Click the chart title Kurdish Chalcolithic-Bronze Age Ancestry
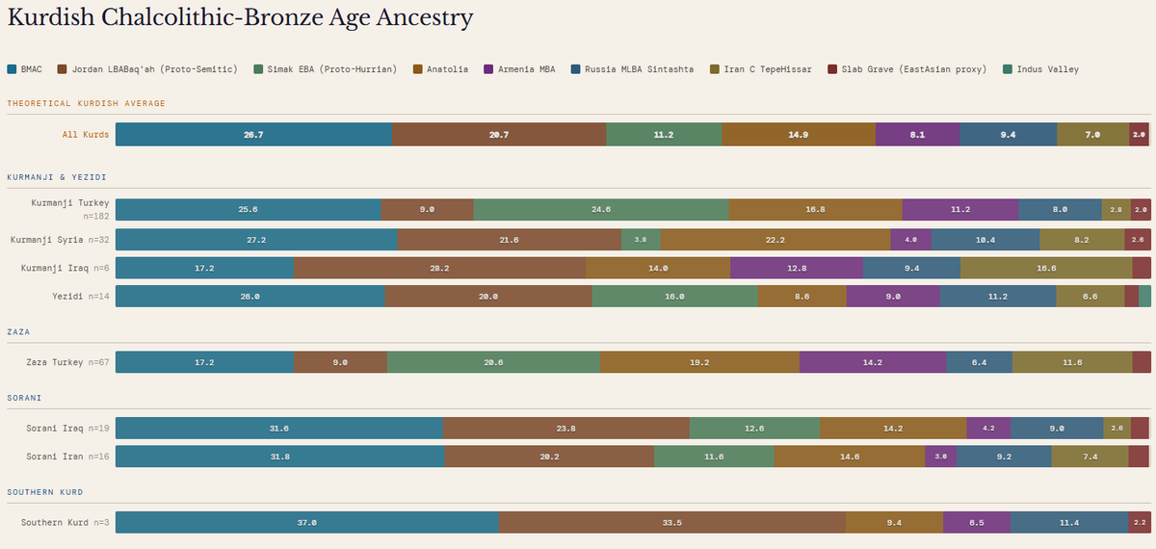[x=240, y=18]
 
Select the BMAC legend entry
[x=25, y=69]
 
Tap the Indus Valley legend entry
[x=1041, y=69]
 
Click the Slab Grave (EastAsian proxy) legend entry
[x=907, y=69]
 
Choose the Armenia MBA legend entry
[x=519, y=69]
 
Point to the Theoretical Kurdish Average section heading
[x=86, y=103]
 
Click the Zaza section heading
[x=18, y=331]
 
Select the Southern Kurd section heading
[x=45, y=492]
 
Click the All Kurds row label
[x=86, y=135]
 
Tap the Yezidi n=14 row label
[x=81, y=297]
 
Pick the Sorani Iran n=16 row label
[x=67, y=457]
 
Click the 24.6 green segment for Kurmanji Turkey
[x=601, y=210]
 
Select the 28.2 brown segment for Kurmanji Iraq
[x=439, y=269]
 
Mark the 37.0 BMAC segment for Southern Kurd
[x=307, y=523]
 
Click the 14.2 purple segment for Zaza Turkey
[x=873, y=362]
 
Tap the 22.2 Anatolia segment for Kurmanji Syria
[x=775, y=240]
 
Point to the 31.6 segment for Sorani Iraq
[x=279, y=429]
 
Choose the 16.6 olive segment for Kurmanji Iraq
[x=1046, y=269]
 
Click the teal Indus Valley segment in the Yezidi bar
[x=1144, y=297]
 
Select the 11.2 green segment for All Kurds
[x=664, y=135]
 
